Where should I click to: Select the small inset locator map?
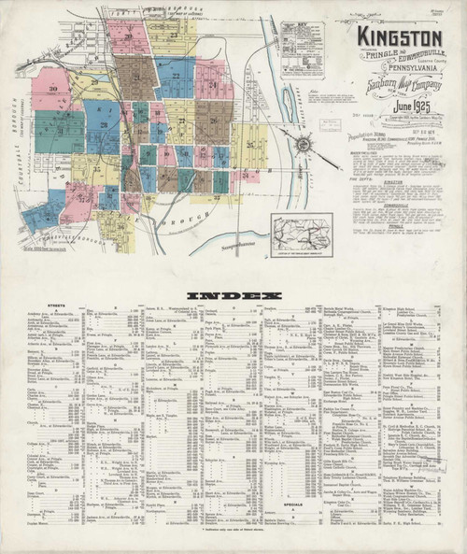(x=301, y=233)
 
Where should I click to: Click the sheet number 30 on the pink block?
(x=52, y=89)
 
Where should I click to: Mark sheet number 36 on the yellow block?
(x=118, y=224)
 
